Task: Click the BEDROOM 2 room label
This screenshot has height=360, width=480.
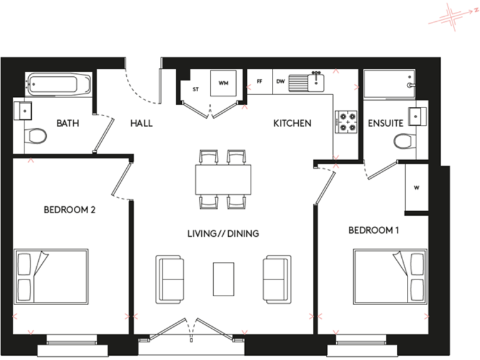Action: pos(69,210)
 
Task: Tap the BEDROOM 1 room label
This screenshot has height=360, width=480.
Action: pos(373,231)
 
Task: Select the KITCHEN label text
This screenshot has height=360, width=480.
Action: pos(292,123)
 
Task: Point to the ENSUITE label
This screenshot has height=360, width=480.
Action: pos(384,123)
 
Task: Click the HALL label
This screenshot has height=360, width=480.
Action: pos(141,123)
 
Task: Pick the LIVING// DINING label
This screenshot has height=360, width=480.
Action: pos(223,234)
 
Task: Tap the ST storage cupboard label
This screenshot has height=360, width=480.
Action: pos(196,89)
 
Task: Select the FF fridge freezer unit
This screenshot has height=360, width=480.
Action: pos(259,81)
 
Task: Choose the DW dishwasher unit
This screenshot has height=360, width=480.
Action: pos(280,81)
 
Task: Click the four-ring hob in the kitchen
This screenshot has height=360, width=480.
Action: pos(346,121)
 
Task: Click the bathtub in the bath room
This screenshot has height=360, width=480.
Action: pos(59,83)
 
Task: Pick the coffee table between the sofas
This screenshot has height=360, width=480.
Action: pos(223,279)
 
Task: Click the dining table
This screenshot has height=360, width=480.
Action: pos(223,179)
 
